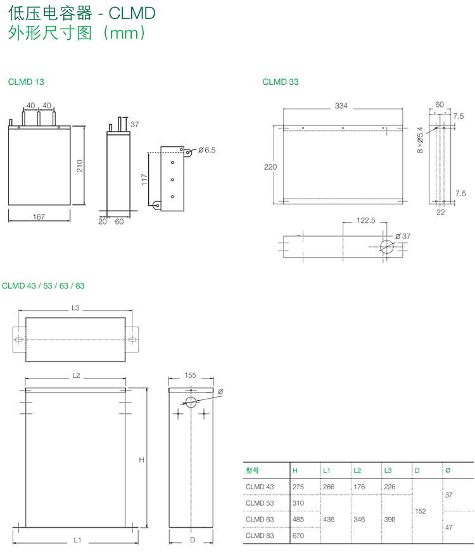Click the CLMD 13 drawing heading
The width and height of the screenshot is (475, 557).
tap(26, 82)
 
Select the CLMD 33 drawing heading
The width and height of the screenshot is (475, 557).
tap(281, 82)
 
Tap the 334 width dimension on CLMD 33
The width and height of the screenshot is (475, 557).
tap(341, 106)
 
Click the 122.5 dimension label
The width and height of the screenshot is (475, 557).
tap(366, 221)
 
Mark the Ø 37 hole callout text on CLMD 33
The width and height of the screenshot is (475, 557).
tap(403, 236)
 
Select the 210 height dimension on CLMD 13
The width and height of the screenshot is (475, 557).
tap(80, 166)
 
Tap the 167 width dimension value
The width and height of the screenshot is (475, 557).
tap(39, 217)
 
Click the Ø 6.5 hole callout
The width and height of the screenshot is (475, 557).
tap(207, 150)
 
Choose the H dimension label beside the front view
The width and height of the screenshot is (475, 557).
tap(142, 460)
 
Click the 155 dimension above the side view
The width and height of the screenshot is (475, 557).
tap(190, 375)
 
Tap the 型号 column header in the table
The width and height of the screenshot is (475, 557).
tap(252, 470)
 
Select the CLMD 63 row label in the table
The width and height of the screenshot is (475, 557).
tap(260, 520)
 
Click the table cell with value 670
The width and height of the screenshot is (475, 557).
tap(298, 535)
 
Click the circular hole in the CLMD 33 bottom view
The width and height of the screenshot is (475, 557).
tap(386, 246)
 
